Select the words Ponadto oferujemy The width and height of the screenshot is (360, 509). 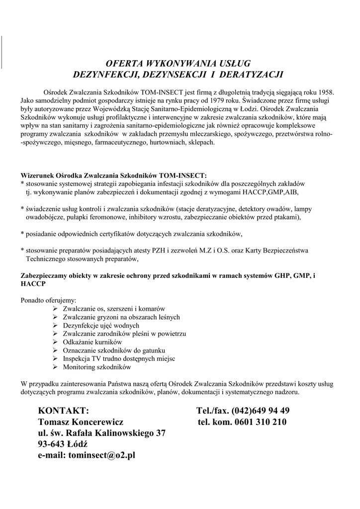click(x=49, y=301)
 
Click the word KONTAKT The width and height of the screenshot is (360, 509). click(x=63, y=411)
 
